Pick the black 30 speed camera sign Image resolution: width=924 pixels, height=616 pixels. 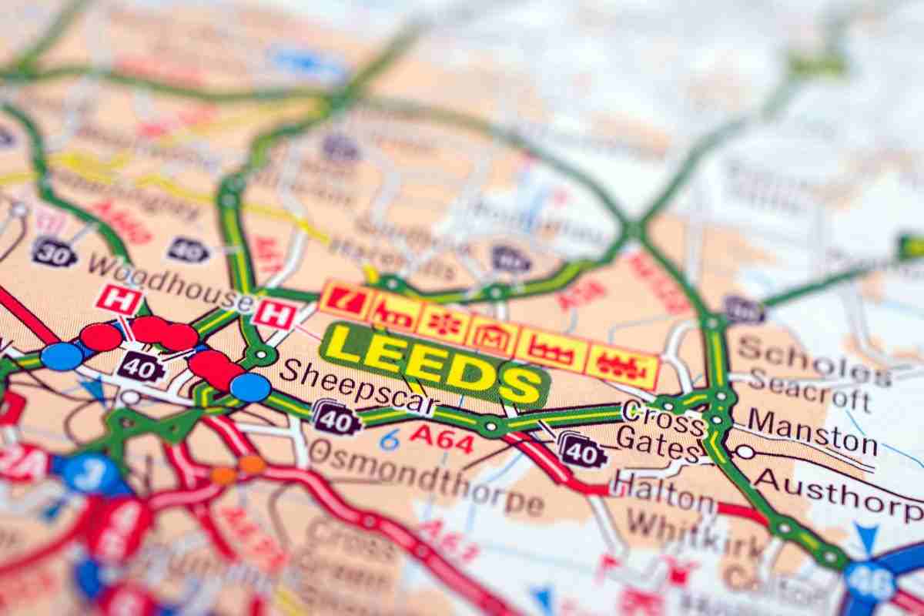click(x=53, y=252)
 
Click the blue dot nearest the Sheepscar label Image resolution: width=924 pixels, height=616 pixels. click(x=250, y=387)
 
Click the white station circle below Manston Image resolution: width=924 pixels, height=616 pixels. click(x=745, y=452)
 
